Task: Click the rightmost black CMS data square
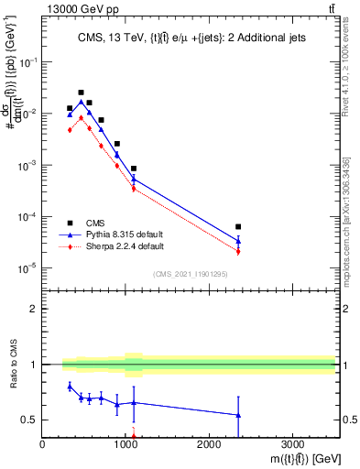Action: coord(238,226)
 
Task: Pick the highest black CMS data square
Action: coord(82,93)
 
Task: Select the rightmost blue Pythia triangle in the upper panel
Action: coord(238,242)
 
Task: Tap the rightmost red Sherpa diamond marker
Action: coord(238,252)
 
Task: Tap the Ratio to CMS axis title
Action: coord(14,365)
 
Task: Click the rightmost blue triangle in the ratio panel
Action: coord(238,416)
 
